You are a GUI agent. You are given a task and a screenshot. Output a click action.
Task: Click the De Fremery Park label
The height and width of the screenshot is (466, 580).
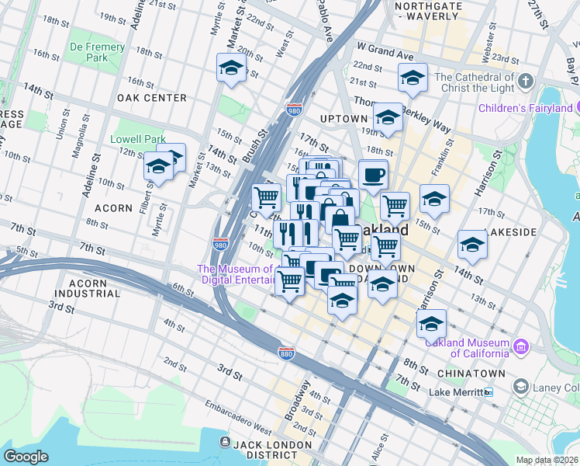click(97, 52)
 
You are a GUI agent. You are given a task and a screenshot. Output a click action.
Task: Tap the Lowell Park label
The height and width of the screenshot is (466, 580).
click(140, 139)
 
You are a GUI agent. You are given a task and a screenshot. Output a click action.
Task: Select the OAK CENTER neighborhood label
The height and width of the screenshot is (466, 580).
click(151, 98)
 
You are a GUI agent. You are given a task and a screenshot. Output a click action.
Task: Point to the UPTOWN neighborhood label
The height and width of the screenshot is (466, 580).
click(344, 118)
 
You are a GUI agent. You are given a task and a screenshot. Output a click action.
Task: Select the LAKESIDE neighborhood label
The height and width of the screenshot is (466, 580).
click(508, 232)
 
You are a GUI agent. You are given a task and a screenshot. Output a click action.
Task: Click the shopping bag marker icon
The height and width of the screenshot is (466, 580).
click(340, 219)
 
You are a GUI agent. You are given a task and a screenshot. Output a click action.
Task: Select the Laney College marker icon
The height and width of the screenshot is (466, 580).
click(520, 387)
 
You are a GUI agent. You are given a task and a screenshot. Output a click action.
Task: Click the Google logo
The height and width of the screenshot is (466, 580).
click(26, 457)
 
